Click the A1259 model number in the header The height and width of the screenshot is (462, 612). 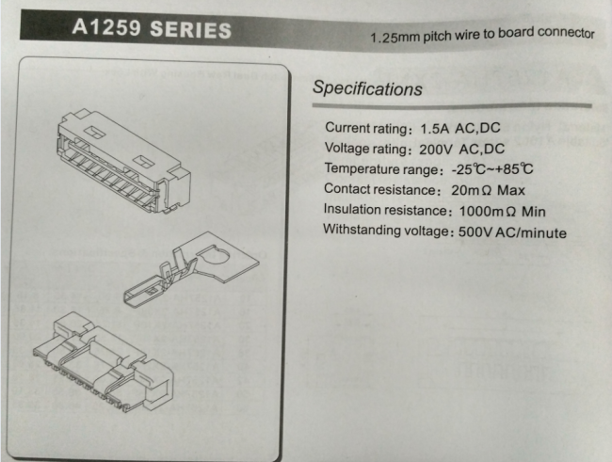tap(106, 27)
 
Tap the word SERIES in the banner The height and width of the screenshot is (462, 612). tap(190, 30)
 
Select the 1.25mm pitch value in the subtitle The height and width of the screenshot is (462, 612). tap(395, 38)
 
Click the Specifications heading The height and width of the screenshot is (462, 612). tap(367, 88)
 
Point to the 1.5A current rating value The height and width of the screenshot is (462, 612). tap(434, 128)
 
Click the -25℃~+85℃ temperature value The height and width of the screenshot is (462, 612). tap(492, 169)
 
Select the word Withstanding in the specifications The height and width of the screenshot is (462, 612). tap(356, 230)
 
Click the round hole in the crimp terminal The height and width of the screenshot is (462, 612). tap(215, 255)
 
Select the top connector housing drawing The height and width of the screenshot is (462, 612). tap(124, 161)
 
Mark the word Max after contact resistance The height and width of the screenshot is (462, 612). tap(511, 190)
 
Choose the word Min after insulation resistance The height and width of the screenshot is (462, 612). tap(534, 212)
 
